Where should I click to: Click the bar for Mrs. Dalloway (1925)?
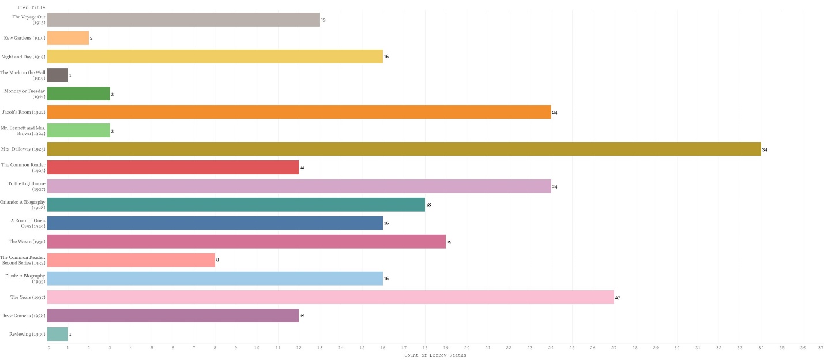click(x=404, y=149)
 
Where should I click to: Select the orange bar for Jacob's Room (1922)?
click(x=299, y=112)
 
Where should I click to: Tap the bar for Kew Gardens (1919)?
click(x=67, y=38)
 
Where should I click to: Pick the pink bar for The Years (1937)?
click(x=330, y=297)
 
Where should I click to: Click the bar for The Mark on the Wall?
click(x=57, y=75)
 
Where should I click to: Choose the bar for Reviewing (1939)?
click(x=57, y=334)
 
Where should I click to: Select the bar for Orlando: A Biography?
click(x=236, y=204)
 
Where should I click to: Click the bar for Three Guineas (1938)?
click(x=172, y=316)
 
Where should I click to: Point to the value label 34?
click(x=765, y=149)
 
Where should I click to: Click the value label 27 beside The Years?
click(x=617, y=298)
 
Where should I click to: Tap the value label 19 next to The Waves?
click(x=449, y=242)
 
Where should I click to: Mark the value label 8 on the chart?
click(x=217, y=260)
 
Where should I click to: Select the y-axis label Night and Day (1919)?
click(x=23, y=57)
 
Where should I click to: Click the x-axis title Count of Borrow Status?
click(x=435, y=355)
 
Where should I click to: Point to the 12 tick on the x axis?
click(x=299, y=348)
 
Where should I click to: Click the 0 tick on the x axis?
click(x=48, y=348)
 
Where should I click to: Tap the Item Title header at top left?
click(x=32, y=7)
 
